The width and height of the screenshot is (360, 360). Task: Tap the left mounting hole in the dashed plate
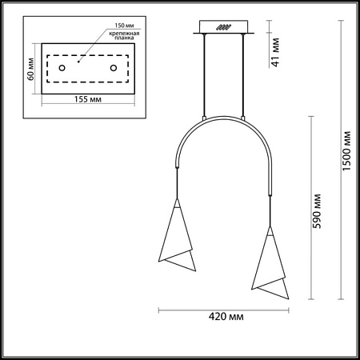coord(58,68)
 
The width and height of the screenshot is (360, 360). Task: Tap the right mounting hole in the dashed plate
coord(114,68)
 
